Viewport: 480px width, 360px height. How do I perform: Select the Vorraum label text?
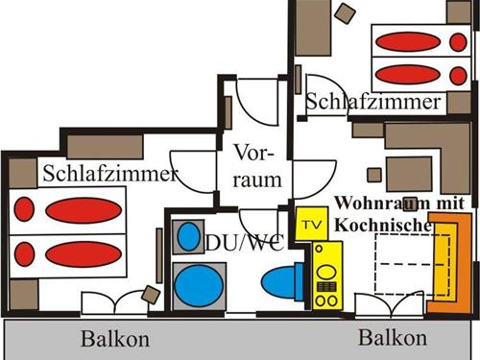click(256, 167)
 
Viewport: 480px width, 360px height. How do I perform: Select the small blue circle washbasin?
click(185, 239)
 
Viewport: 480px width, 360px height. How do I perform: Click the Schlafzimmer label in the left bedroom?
click(110, 174)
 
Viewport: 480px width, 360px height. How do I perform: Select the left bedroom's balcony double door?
click(114, 303)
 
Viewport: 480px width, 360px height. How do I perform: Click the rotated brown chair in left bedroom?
click(151, 294)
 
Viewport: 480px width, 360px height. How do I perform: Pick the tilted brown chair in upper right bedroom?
click(343, 12)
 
